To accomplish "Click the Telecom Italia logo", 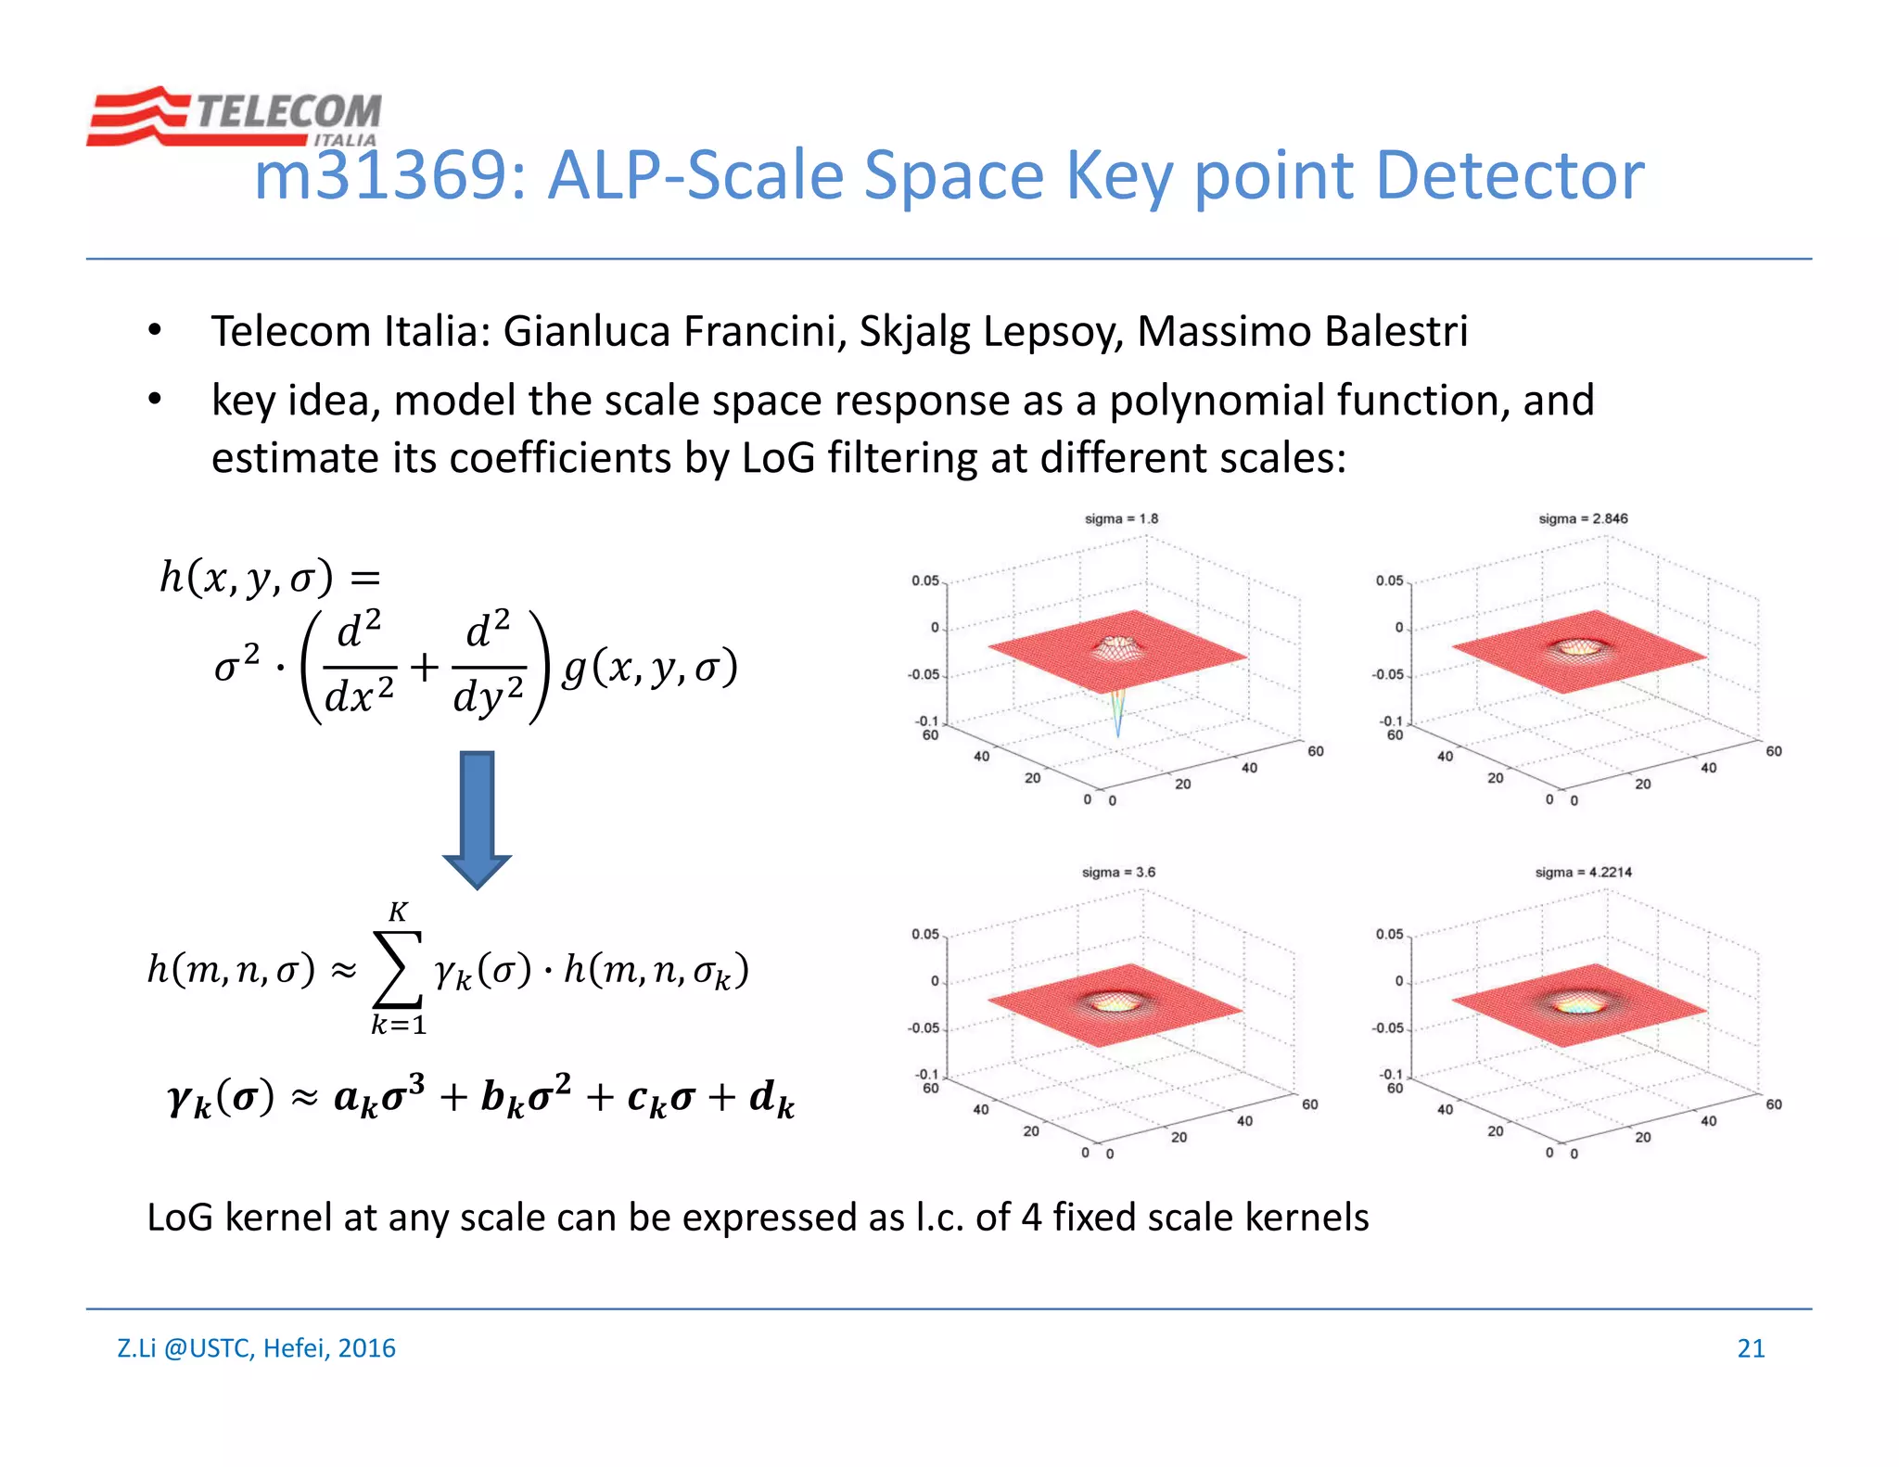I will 234,116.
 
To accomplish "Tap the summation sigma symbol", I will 397,969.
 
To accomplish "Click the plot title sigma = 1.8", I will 1121,519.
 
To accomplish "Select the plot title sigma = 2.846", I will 1583,519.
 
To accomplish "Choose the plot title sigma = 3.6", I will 1118,873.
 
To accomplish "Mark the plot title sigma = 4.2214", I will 1583,873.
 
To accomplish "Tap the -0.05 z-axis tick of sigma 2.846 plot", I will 1388,675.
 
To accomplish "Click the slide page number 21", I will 1751,1348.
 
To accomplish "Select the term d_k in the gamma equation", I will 771,1099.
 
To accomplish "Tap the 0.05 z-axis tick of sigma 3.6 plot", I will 924,935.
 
